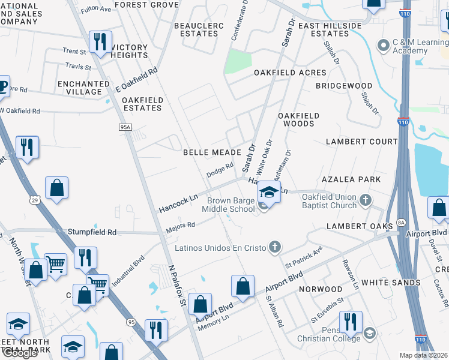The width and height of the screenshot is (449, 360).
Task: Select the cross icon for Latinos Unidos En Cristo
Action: [275, 247]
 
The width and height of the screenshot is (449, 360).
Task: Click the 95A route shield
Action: [125, 127]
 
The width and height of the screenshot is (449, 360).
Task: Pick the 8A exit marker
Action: [401, 223]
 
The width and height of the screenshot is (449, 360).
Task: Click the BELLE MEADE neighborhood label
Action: [212, 152]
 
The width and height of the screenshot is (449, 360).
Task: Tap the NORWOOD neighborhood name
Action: [322, 289]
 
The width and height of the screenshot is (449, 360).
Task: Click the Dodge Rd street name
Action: [220, 170]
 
